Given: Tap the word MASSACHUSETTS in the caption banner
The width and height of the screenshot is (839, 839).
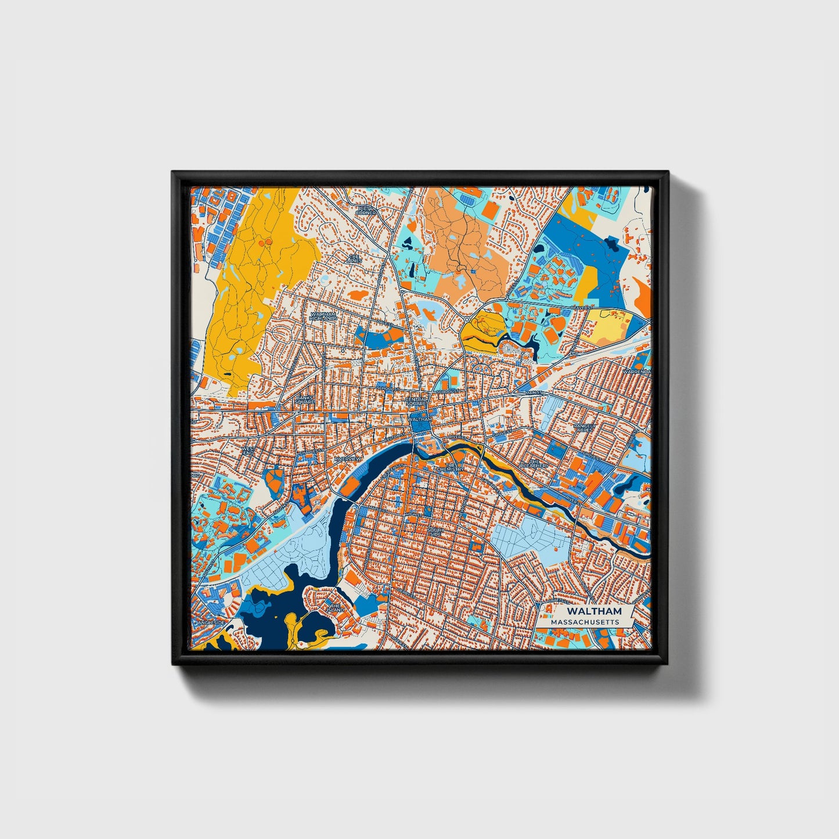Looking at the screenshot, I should pos(585,622).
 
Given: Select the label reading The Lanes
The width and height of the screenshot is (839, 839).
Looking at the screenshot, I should pos(354,258).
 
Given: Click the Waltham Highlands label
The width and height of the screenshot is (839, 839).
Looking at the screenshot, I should pos(323,316).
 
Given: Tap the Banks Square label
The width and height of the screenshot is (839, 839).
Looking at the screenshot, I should pos(305,399).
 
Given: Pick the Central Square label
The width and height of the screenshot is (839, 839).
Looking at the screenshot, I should pos(416,401).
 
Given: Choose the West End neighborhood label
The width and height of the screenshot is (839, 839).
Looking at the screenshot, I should pos(248,451).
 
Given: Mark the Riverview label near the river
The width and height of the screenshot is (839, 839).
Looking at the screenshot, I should pos(347,459).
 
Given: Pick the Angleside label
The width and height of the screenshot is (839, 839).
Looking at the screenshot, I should pos(211,622).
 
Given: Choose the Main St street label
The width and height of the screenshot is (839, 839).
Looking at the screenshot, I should pos(533,393).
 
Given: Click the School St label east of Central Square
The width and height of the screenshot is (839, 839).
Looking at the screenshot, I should pos(448,392).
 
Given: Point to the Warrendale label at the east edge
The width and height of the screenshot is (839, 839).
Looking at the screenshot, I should pos(637,372).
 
